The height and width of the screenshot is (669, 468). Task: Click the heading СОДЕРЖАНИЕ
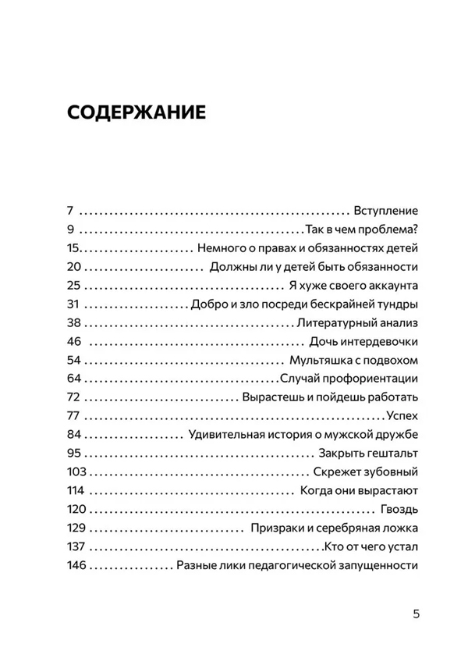(x=137, y=112)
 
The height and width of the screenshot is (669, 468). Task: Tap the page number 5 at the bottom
(x=417, y=613)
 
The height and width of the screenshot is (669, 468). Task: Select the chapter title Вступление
(x=387, y=211)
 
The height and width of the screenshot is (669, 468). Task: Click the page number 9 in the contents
(x=70, y=230)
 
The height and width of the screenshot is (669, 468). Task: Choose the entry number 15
(x=74, y=248)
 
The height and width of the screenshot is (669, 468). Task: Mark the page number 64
(x=75, y=379)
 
